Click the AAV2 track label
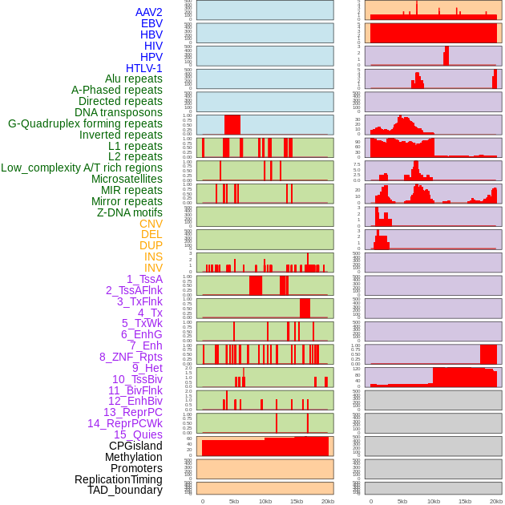[x=149, y=12]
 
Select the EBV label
[x=151, y=23]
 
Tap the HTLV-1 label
[x=144, y=68]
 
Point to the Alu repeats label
[x=134, y=79]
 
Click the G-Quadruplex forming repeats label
[x=85, y=123]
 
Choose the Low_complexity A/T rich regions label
[x=82, y=168]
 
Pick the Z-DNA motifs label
[x=130, y=212]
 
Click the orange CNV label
[x=151, y=224]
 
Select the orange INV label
[x=153, y=268]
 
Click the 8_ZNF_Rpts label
[x=131, y=357]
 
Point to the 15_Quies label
[x=138, y=434]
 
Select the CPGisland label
[x=135, y=446]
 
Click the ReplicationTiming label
[x=119, y=479]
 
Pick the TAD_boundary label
[x=125, y=490]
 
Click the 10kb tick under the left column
[x=265, y=501]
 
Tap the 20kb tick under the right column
[x=496, y=501]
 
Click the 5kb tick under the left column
[x=234, y=501]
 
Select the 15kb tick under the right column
[x=465, y=501]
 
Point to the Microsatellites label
[x=127, y=179]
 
